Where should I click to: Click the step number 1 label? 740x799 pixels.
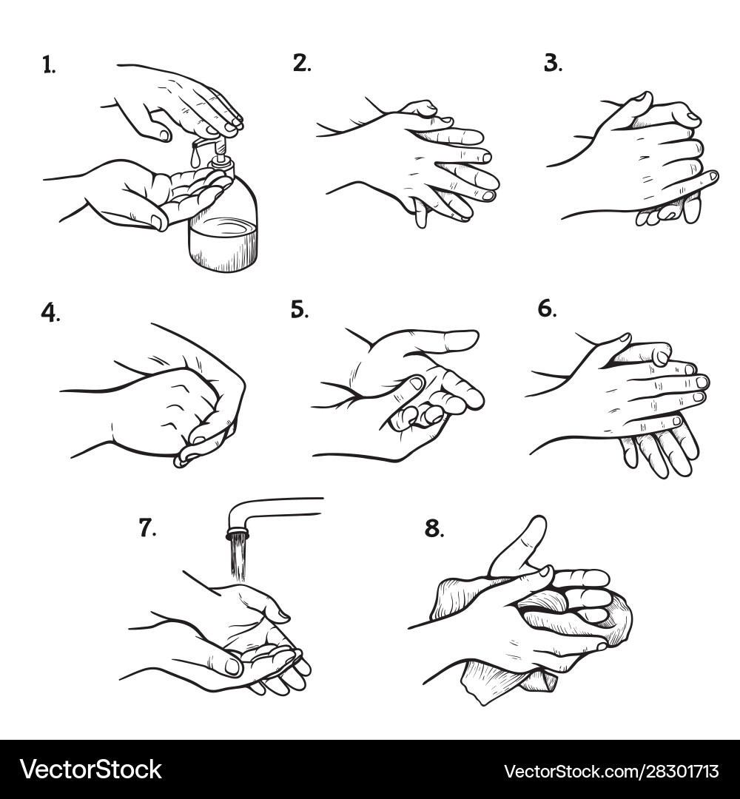[48, 66]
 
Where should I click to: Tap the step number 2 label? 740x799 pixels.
[301, 64]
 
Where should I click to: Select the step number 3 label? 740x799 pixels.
[553, 64]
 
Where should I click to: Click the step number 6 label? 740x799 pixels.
[547, 309]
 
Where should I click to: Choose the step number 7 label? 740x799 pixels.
[147, 527]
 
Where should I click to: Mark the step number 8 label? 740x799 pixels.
[434, 529]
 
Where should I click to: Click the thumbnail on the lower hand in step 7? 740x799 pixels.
[232, 666]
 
